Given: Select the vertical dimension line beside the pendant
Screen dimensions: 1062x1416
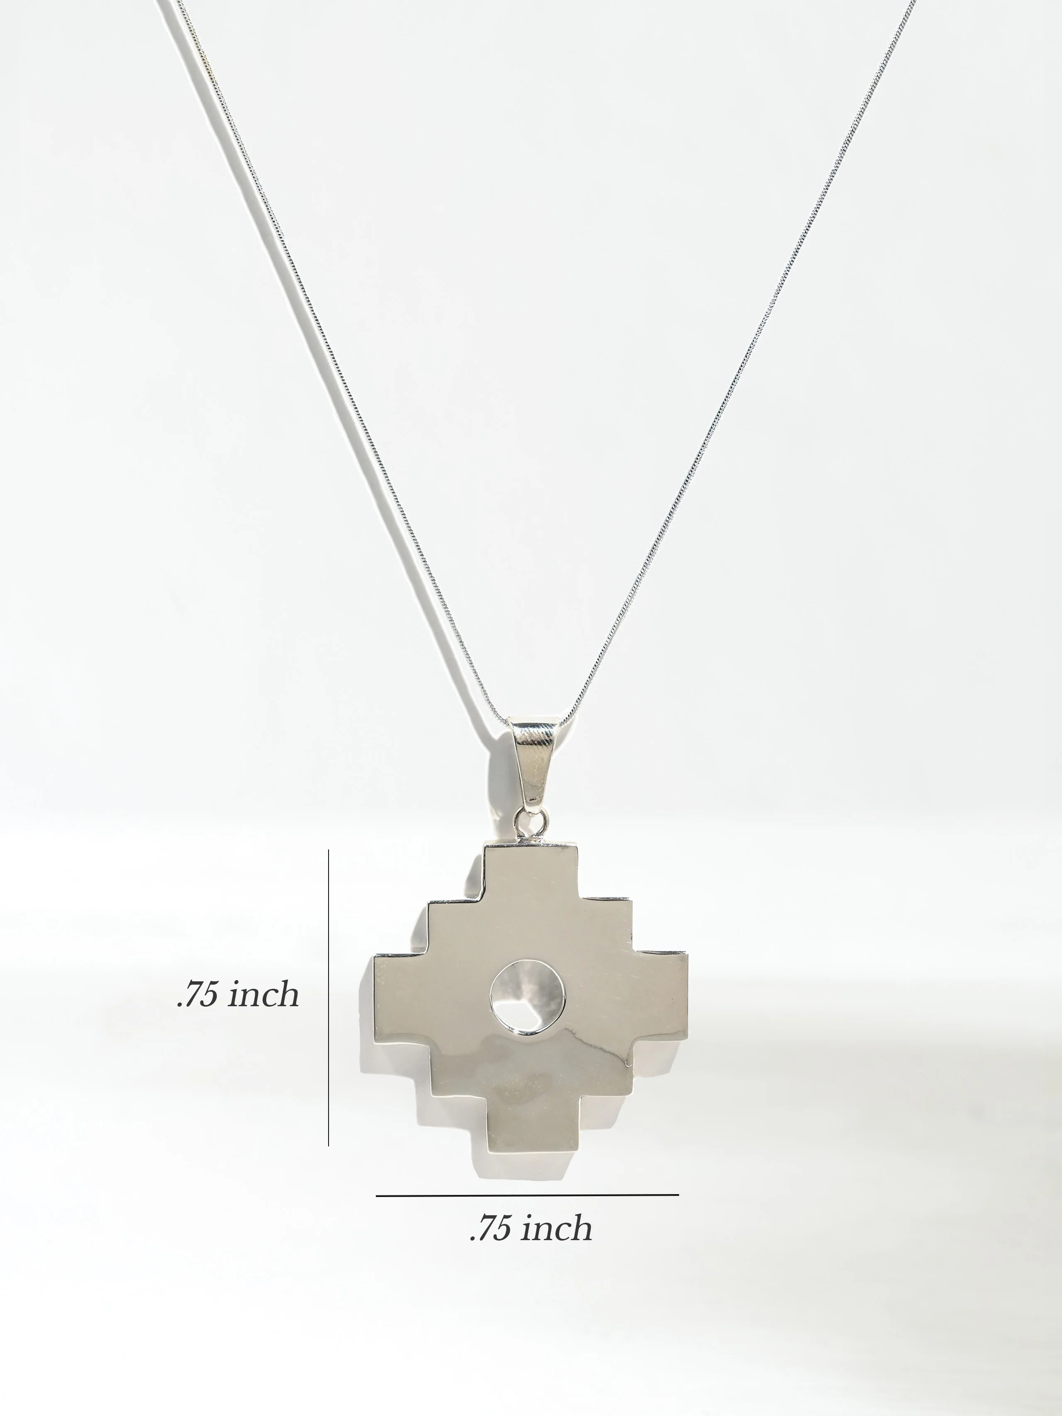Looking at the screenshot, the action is [329, 998].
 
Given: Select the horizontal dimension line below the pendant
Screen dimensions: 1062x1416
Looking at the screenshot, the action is [527, 1195].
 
